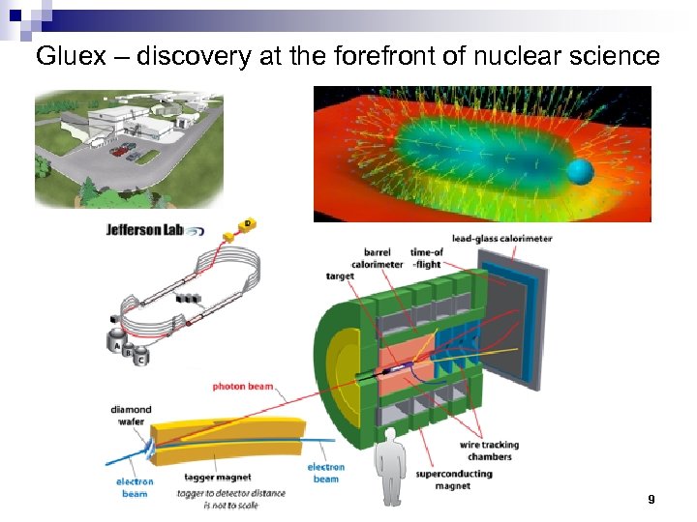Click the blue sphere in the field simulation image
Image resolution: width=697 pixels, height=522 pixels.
click(581, 172)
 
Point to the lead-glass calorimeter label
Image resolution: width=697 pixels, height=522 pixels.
click(500, 239)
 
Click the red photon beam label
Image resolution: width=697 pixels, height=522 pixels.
click(243, 387)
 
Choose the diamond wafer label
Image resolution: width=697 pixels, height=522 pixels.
click(131, 416)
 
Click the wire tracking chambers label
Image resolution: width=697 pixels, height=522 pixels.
click(488, 450)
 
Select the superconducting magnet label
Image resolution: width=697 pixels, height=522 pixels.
click(453, 479)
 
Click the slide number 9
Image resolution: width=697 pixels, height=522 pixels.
click(651, 500)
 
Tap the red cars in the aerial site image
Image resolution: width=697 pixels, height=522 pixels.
click(123, 150)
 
